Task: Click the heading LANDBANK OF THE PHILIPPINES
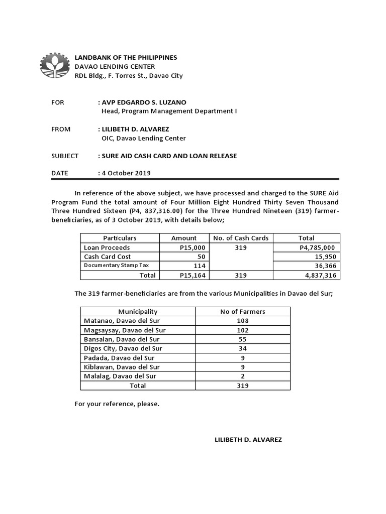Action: point(126,58)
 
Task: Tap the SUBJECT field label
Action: point(65,156)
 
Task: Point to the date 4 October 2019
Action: point(126,174)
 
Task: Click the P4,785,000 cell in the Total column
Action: point(317,247)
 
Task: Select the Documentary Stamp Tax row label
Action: point(116,266)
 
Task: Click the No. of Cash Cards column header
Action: point(241,238)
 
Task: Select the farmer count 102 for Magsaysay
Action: point(242,330)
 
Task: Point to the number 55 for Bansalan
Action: point(242,339)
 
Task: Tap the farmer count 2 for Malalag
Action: point(242,376)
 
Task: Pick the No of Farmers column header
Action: point(242,312)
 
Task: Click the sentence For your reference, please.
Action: point(117,403)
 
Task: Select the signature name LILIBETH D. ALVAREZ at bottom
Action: point(248,440)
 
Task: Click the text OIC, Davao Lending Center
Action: point(144,138)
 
